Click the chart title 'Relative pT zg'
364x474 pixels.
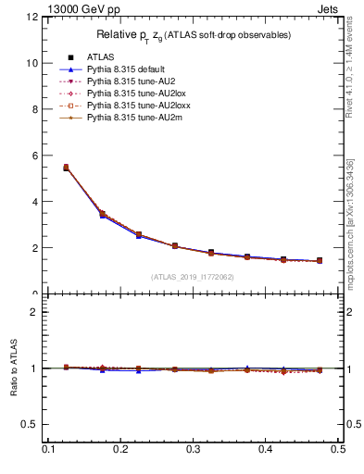click(x=193, y=35)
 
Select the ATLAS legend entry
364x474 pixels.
click(x=99, y=57)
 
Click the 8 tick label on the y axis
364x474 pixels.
click(x=34, y=109)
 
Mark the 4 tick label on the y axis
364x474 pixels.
click(x=34, y=202)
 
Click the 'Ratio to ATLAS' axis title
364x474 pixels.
click(x=15, y=368)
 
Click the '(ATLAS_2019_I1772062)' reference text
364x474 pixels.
click(x=193, y=277)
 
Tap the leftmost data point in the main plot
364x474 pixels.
click(x=66, y=168)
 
